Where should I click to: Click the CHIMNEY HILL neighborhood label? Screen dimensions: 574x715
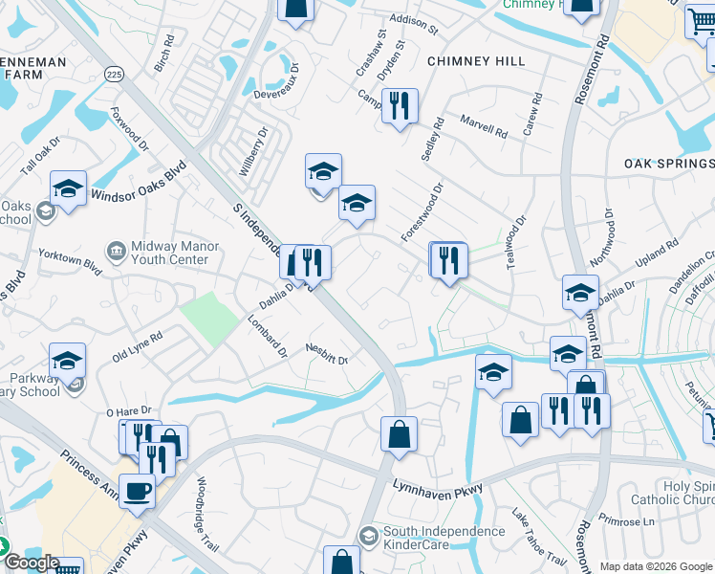tap(476, 61)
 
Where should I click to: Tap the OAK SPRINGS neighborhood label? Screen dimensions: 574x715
tap(668, 164)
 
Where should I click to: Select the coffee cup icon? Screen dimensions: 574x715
tap(138, 491)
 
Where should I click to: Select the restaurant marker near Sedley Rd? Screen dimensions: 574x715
tap(400, 104)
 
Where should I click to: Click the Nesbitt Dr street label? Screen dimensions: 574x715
tap(326, 353)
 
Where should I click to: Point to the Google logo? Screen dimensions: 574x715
tap(31, 563)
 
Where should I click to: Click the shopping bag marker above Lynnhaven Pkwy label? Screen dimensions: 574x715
tap(399, 435)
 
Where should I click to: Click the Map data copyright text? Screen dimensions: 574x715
tap(656, 566)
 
